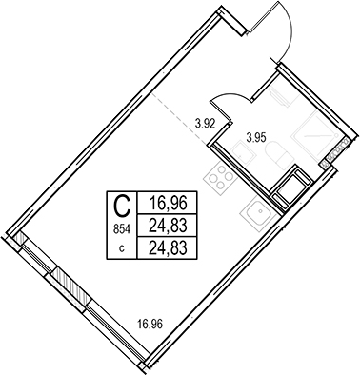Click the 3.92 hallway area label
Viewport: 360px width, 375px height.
point(206,123)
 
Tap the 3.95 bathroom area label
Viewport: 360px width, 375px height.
point(256,138)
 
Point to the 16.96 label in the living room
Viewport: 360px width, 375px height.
point(150,325)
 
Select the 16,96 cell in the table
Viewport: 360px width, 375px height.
point(167,203)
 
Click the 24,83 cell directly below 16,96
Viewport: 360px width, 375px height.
point(167,226)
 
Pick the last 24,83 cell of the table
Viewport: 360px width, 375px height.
point(167,247)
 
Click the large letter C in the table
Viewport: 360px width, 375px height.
point(122,207)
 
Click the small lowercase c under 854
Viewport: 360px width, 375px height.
point(122,249)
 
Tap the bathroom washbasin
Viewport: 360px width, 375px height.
point(242,154)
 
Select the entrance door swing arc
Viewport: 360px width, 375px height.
point(286,28)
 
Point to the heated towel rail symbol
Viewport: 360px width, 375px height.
point(281,94)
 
